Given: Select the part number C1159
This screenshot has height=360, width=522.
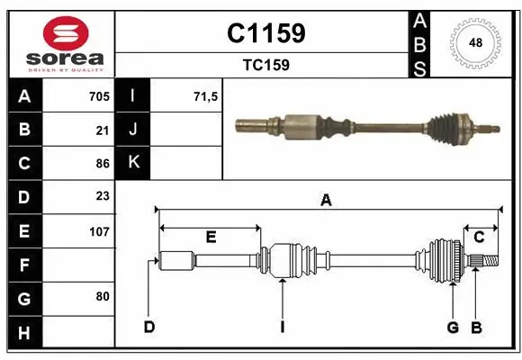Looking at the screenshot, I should [x=265, y=33].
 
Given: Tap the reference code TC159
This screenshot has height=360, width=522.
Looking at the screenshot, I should [x=265, y=65].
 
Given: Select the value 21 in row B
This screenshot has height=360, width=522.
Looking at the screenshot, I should [x=103, y=130].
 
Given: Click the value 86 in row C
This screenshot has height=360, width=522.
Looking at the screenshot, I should [x=103, y=164].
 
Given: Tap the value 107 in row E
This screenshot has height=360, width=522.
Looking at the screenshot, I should [x=99, y=231].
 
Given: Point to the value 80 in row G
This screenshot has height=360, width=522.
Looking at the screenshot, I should [x=103, y=296].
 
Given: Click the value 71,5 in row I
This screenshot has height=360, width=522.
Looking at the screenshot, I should [x=206, y=96].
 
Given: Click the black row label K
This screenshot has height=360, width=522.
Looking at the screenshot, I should [x=133, y=164].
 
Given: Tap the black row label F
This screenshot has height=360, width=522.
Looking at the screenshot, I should [x=23, y=265].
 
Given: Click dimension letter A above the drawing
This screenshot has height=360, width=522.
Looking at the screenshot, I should [x=326, y=202].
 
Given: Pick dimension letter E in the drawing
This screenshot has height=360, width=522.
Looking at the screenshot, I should [x=211, y=238].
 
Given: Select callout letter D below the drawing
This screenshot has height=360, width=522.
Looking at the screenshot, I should [x=148, y=327].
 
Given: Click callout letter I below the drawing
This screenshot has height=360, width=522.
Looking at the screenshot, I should [x=282, y=327].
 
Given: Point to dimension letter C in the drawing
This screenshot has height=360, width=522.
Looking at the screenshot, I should [x=480, y=238].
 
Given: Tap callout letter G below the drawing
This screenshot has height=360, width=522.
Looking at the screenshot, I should [x=454, y=327].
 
